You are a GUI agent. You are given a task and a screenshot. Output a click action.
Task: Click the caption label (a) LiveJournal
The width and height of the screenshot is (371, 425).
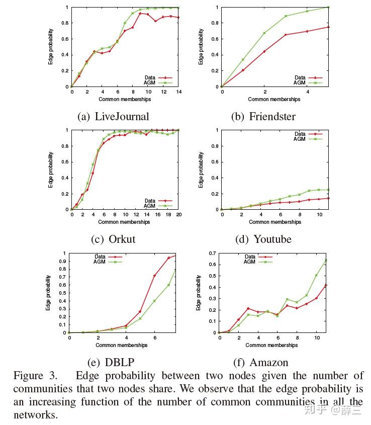point(114,117)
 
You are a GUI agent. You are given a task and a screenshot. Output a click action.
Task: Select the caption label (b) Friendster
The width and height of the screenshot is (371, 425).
point(263,117)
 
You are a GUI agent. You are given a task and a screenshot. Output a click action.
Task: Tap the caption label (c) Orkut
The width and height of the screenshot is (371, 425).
point(114,239)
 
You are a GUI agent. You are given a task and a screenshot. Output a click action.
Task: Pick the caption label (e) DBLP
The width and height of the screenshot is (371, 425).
point(113,362)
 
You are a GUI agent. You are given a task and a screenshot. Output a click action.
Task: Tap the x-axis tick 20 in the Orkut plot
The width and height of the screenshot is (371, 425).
point(179,215)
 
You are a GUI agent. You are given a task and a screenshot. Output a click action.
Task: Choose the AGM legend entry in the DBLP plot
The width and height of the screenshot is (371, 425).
point(101,262)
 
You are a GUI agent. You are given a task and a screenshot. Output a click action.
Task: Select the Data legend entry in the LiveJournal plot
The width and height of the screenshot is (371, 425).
point(150,77)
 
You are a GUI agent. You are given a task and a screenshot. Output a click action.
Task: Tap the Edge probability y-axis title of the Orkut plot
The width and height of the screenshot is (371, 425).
point(51,169)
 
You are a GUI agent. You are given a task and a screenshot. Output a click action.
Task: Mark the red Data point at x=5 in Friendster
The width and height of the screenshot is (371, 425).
point(329,27)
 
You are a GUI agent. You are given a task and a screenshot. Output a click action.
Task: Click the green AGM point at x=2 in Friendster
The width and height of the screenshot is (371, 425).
point(264,33)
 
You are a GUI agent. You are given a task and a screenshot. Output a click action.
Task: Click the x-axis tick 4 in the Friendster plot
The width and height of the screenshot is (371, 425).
point(307,93)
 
